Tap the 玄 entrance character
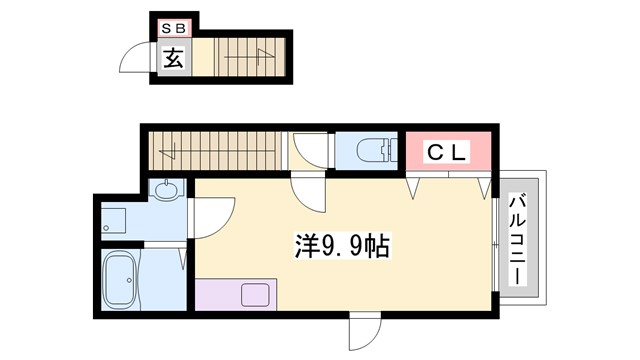click(172, 58)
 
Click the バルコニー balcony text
click(518, 238)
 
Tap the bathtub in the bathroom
click(124, 279)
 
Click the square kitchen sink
click(254, 297)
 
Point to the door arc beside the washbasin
click(213, 215)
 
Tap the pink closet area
click(449, 152)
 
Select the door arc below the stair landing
click(307, 191)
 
